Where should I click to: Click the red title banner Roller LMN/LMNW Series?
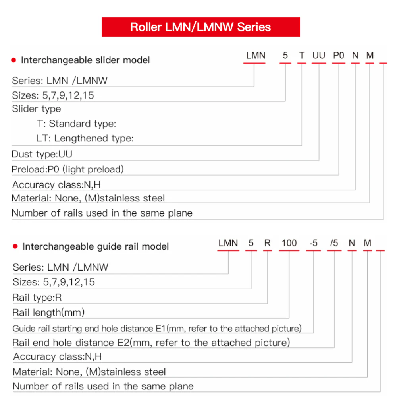[200, 27]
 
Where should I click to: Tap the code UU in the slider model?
[318, 56]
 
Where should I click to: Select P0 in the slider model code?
[338, 56]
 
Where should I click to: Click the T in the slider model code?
[302, 56]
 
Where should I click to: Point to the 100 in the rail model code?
[289, 243]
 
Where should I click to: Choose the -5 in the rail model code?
[313, 243]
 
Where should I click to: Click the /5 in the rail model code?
[334, 243]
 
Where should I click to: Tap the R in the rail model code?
[267, 243]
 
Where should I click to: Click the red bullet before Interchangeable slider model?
[14, 60]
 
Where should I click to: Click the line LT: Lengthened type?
[85, 139]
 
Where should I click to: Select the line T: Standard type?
[77, 124]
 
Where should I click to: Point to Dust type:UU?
[42, 154]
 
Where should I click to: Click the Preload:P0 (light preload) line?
[67, 169]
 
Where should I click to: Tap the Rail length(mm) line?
[48, 312]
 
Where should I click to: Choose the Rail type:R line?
[37, 298]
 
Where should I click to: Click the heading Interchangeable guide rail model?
[96, 247]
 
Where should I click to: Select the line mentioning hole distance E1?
[157, 329]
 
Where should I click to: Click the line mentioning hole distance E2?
[151, 343]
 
